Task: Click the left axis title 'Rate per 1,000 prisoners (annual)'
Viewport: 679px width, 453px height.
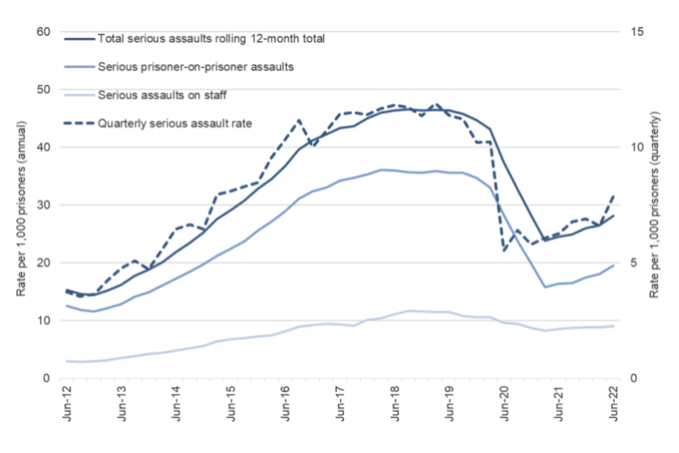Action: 21,205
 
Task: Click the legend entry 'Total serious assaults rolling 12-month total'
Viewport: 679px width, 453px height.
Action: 211,39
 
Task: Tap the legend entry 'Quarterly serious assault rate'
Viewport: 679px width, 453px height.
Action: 175,122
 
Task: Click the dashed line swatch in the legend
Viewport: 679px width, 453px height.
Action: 79,122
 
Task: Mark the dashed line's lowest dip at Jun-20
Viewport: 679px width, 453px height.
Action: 504,250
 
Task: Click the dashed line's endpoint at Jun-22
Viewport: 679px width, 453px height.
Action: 613,194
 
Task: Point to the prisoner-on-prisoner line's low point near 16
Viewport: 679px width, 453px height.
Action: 545,287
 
